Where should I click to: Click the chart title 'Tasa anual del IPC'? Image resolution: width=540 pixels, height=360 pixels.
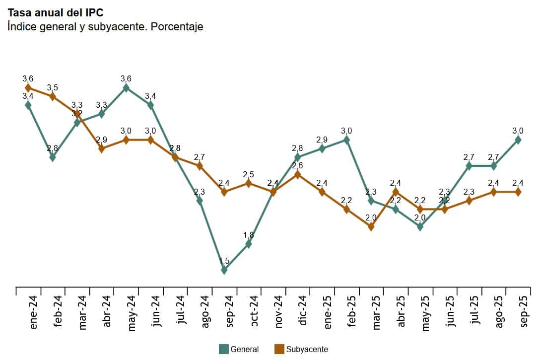point(56,12)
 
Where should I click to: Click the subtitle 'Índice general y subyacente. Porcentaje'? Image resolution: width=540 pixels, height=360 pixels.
point(105,26)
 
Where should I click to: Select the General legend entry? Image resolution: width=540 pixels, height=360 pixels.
point(239,349)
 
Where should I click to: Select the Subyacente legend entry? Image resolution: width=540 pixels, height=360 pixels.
point(301,349)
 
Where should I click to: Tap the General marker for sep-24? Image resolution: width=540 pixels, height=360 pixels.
point(224,270)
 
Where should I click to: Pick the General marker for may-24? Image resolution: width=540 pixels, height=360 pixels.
point(126,88)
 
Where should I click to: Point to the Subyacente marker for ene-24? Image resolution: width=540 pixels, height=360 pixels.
point(28,88)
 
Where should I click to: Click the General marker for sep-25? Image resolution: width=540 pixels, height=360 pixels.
point(518,140)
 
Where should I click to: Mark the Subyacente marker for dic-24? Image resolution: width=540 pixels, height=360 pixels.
point(297,174)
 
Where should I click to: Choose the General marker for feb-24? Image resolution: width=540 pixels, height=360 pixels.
point(53,157)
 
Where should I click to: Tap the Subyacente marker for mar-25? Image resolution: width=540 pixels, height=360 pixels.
point(371,226)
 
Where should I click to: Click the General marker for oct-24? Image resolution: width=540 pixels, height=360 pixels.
point(249,244)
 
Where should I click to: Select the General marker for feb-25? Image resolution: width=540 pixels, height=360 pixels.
point(346,140)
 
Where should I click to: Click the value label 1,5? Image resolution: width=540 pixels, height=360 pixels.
point(224,261)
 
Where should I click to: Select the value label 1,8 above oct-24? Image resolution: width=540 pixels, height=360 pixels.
point(249,235)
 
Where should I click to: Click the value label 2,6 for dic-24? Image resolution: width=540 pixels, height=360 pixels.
point(297,166)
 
